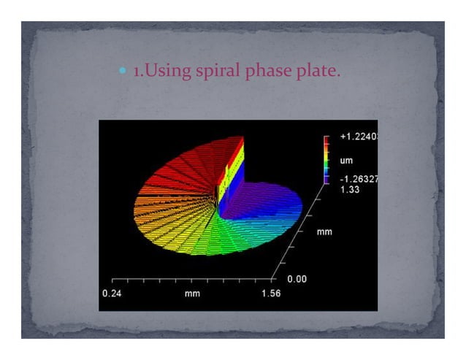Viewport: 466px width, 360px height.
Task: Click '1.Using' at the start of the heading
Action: click(x=156, y=72)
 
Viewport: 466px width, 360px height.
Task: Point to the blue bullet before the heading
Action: click(x=122, y=72)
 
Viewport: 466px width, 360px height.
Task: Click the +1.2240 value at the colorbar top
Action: click(x=359, y=137)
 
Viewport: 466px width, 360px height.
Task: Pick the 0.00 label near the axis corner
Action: click(x=296, y=279)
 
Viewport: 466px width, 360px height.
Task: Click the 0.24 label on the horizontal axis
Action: click(x=112, y=293)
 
